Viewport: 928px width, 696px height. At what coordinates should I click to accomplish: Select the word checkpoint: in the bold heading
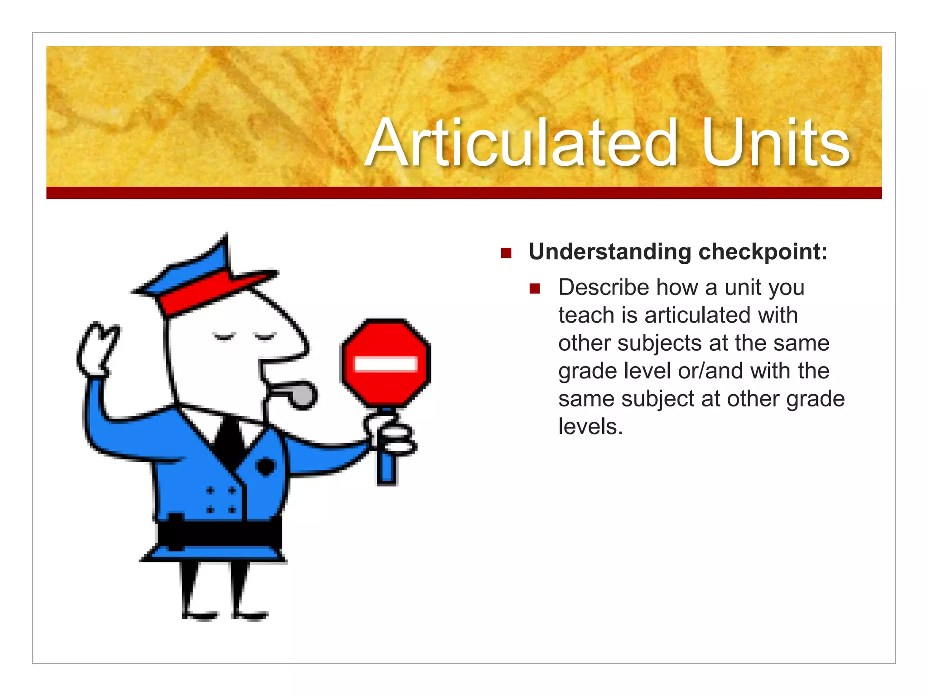763,252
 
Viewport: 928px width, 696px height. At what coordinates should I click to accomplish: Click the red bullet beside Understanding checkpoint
506,253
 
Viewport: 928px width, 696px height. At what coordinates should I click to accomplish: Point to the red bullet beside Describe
535,289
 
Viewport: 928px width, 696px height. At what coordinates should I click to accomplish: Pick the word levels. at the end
590,427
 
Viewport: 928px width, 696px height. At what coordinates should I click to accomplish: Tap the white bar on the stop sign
386,364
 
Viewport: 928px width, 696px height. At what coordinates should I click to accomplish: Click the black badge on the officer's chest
266,466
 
